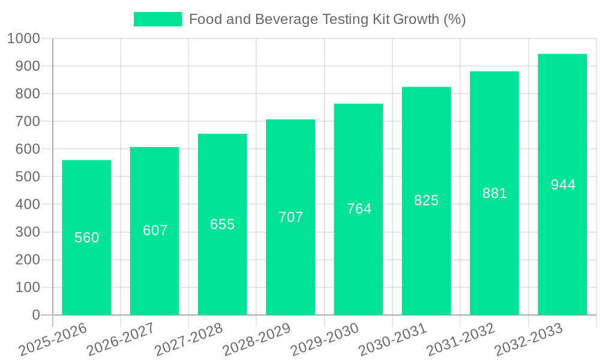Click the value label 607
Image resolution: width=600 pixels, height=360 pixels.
[155, 230]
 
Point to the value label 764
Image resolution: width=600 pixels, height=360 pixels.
[359, 209]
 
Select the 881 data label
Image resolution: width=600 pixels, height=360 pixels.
[495, 193]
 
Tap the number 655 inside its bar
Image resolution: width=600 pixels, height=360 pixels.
[223, 224]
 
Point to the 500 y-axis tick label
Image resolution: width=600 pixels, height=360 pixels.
[28, 177]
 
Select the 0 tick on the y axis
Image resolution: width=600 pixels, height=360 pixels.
[36, 315]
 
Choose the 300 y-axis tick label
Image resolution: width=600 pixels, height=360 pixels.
[28, 232]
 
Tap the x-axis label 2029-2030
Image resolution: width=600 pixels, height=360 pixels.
[325, 339]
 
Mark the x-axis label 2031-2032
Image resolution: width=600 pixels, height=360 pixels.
[461, 339]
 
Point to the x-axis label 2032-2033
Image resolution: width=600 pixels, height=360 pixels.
[529, 339]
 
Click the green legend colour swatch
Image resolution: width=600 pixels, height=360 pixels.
[157, 19]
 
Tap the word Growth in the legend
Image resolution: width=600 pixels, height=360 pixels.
[416, 19]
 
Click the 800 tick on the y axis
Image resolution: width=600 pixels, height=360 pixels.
[28, 94]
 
